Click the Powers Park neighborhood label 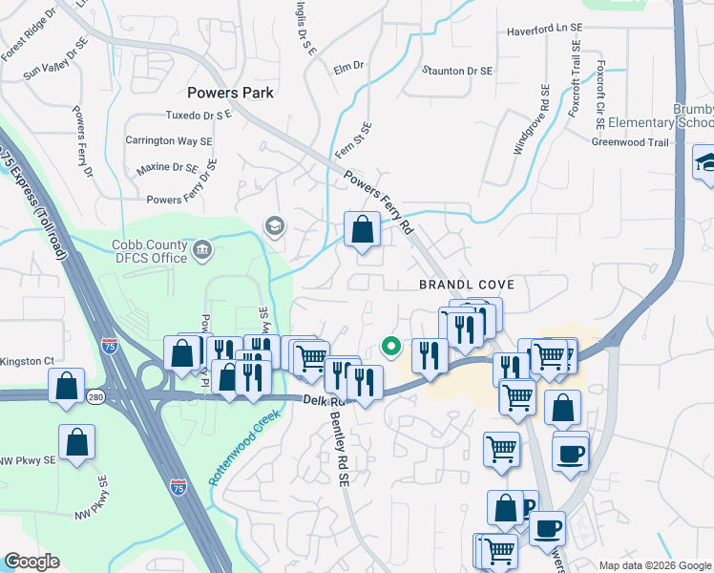(230, 93)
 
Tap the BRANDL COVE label (467, 285)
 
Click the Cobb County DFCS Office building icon (202, 251)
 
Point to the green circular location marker (389, 347)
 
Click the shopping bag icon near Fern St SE (362, 230)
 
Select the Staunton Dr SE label (458, 71)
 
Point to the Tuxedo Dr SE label (199, 116)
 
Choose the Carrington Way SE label (169, 140)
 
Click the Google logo (31, 562)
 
